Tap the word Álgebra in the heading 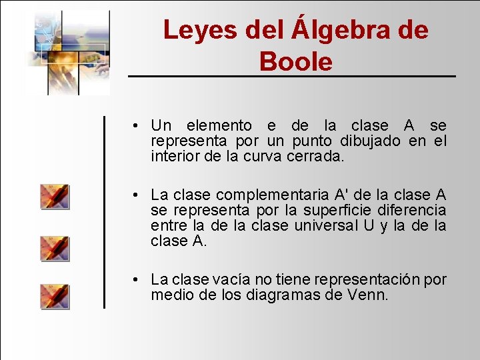point(345,30)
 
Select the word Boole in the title point(295,62)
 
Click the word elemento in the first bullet point(219,126)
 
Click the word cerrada point(315,157)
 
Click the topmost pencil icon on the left point(54,196)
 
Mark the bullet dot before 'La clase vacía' point(135,279)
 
